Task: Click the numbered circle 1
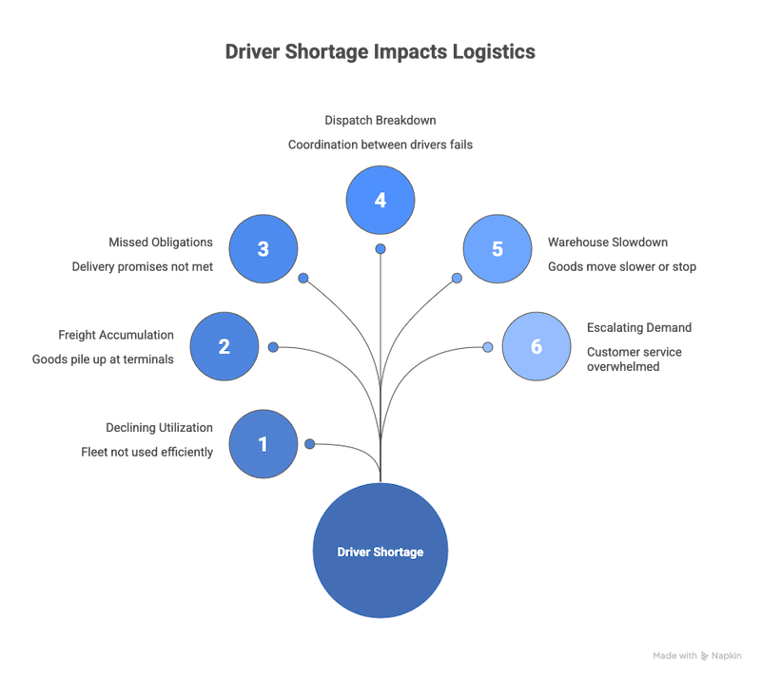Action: (x=263, y=444)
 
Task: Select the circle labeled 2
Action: (x=224, y=346)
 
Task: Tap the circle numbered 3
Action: (x=263, y=249)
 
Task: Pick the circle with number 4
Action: (x=380, y=201)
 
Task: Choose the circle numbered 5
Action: (x=497, y=249)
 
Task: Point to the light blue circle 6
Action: (x=536, y=346)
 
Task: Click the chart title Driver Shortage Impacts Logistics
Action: (x=380, y=51)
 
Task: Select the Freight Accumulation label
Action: (x=116, y=335)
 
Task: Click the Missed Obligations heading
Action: (x=161, y=242)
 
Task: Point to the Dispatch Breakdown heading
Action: (x=380, y=121)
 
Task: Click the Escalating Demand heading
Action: (x=639, y=327)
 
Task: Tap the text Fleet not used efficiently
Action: (x=146, y=453)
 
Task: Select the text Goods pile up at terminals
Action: (x=103, y=359)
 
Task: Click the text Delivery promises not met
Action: (x=143, y=267)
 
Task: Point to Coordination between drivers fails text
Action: (x=380, y=145)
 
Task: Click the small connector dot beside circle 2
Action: (x=273, y=347)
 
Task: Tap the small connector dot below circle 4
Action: (x=380, y=249)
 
